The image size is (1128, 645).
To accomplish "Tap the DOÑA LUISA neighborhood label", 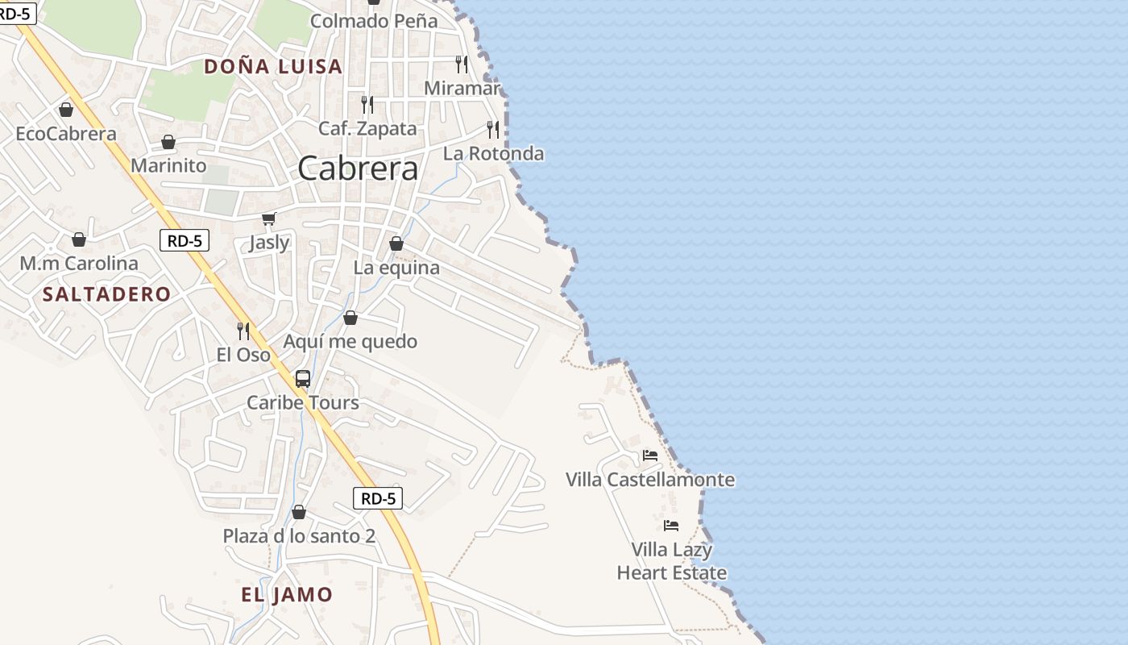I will click(x=273, y=66).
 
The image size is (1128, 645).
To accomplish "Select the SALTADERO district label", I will click(x=106, y=294).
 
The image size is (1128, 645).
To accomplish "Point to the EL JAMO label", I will click(x=287, y=595).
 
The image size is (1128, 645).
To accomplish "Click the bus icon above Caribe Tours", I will click(x=303, y=378).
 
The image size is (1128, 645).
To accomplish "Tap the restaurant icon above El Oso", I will click(x=243, y=331).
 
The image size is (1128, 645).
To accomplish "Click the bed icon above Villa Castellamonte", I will click(x=649, y=456).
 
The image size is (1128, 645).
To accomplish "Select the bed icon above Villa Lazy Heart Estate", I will click(x=671, y=526).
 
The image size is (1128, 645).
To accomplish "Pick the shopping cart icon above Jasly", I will click(x=269, y=218).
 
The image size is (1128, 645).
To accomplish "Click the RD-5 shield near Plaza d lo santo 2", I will click(x=378, y=498).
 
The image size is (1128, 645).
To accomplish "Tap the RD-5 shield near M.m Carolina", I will click(x=185, y=239).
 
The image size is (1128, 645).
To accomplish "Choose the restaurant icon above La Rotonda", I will click(x=493, y=129).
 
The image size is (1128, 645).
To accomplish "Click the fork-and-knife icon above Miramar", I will click(x=462, y=64).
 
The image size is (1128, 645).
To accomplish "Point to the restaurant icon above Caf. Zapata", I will click(x=367, y=104).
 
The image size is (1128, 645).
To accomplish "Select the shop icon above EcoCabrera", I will click(x=66, y=110).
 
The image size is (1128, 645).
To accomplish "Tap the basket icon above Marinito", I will click(x=168, y=142).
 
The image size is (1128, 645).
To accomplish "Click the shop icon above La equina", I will click(x=396, y=243).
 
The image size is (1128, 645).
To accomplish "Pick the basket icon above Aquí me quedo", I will click(x=350, y=318).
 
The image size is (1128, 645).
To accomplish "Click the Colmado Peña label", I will click(x=374, y=21).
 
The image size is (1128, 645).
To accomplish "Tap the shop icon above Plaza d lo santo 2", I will click(x=299, y=512).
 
